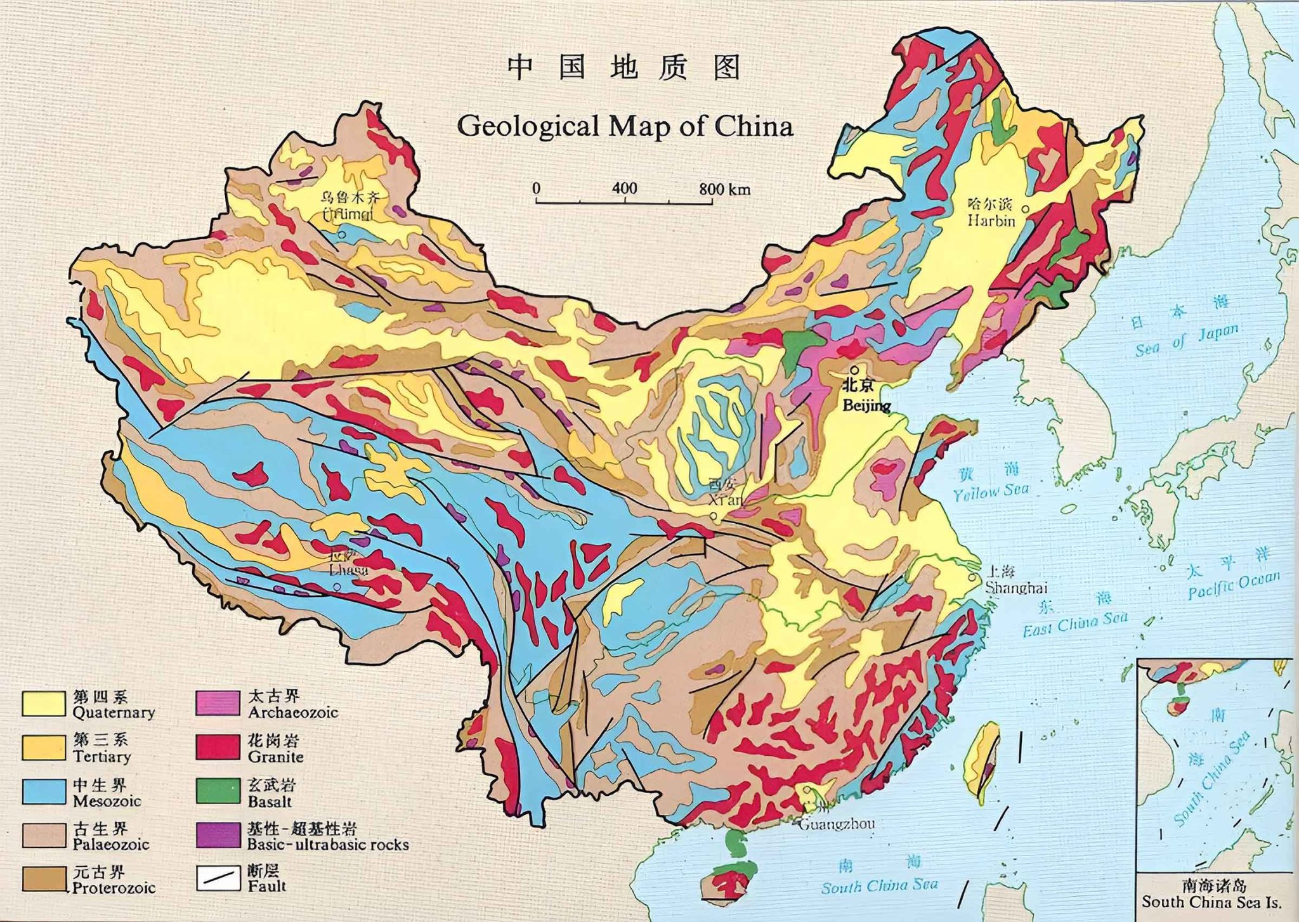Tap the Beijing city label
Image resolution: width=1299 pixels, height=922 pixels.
coord(866,405)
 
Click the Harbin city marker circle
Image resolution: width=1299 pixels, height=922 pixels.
coord(1025,208)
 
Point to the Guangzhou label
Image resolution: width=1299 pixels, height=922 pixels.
coord(836,824)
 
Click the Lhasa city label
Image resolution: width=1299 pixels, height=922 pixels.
coord(348,569)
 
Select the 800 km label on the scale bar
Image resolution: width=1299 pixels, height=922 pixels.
coord(724,188)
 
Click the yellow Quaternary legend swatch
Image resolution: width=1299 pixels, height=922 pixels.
coord(44,704)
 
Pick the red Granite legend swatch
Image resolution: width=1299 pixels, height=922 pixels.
coord(218,747)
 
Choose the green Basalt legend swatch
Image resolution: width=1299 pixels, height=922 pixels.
coord(218,791)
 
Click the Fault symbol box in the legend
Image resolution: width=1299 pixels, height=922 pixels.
coord(218,878)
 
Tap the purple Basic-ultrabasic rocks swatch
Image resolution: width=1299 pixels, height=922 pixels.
coord(218,836)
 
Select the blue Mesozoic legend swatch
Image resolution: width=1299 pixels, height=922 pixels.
coord(44,791)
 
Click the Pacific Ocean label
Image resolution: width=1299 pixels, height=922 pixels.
coord(1234,585)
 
